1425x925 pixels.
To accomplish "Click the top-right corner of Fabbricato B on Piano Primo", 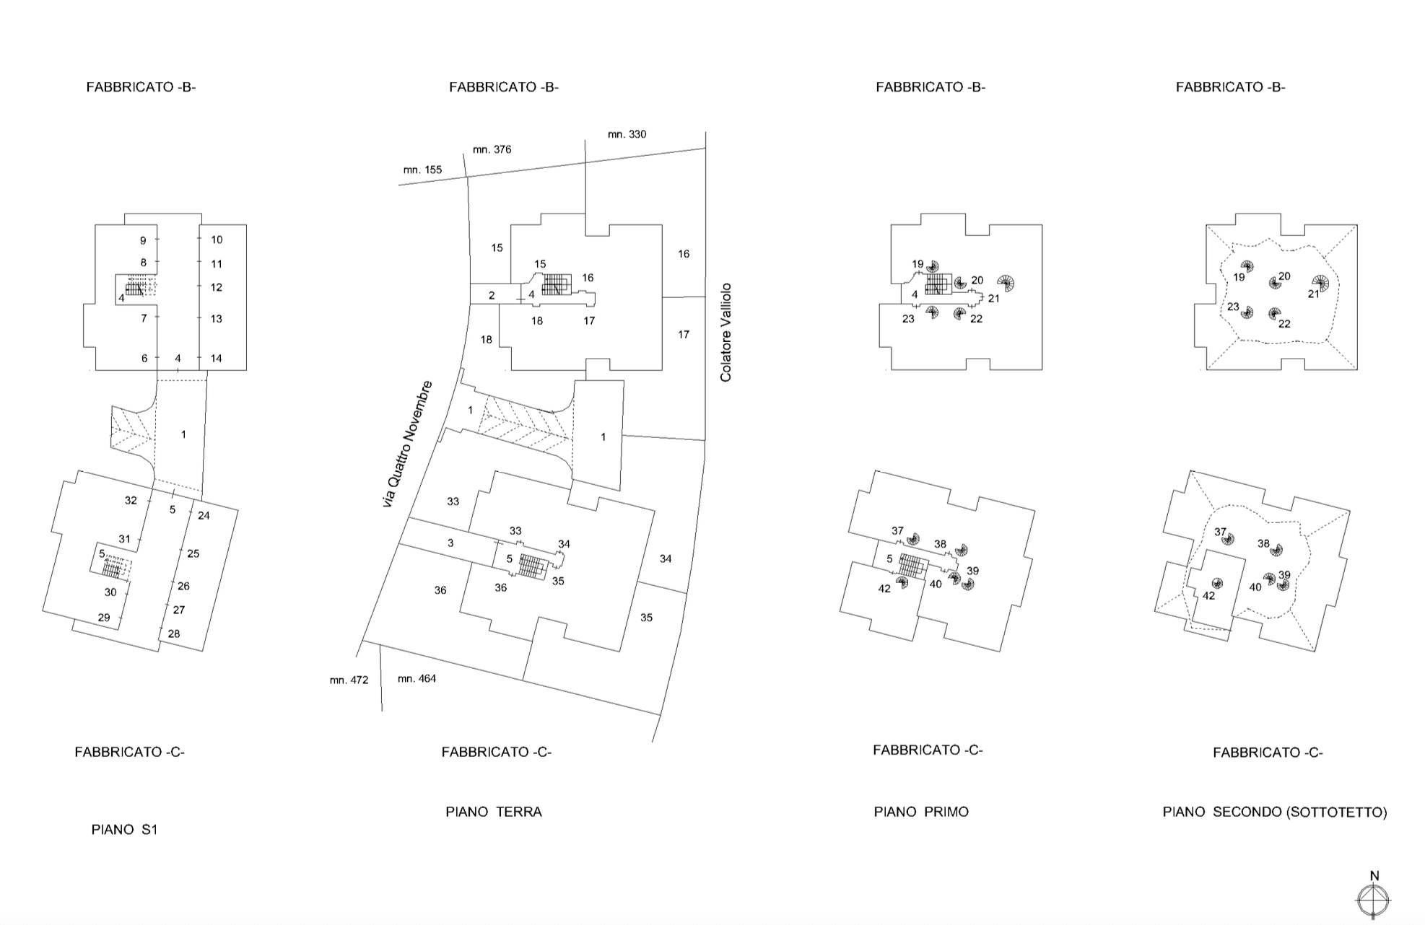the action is click(1042, 224).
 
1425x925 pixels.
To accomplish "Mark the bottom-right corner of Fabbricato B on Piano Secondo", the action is click(1357, 370).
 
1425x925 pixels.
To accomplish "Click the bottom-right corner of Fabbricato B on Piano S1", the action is click(246, 370).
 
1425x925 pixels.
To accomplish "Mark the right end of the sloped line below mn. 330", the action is click(705, 148).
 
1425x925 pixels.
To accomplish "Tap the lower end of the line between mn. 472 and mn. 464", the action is click(382, 711).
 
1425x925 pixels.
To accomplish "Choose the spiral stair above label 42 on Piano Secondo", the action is click(1217, 584).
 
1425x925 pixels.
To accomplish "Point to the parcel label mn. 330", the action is click(627, 134).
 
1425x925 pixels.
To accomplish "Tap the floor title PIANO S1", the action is click(124, 830).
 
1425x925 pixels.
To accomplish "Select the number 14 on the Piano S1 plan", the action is click(216, 359).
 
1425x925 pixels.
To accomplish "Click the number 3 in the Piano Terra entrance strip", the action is click(450, 543).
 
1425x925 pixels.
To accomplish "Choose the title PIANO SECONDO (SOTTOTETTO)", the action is click(1275, 812).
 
